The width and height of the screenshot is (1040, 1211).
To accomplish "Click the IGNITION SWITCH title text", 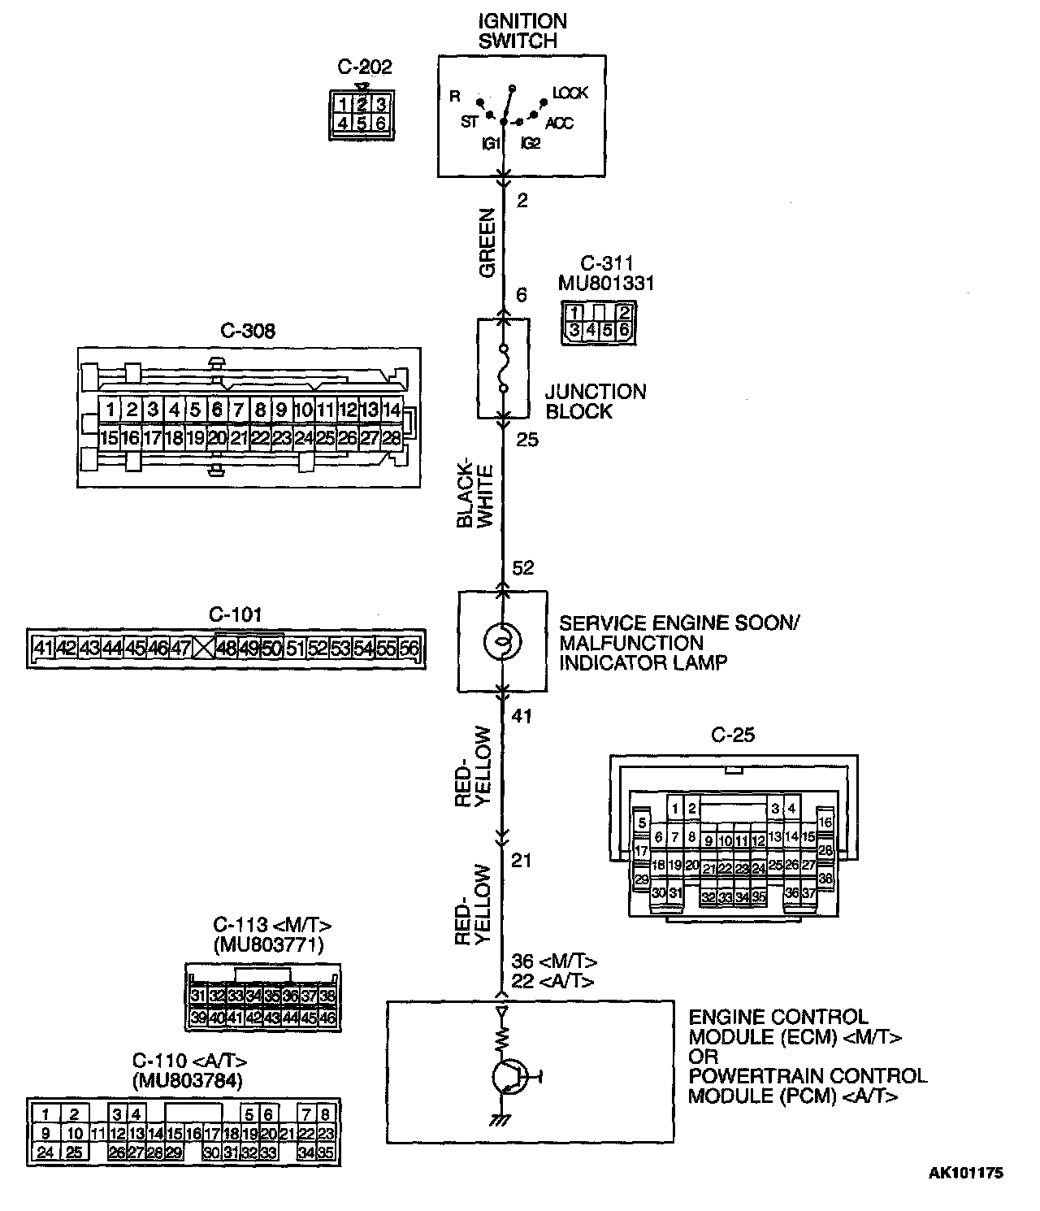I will (x=522, y=31).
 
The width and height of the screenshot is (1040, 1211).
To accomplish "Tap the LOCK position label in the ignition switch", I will (x=570, y=93).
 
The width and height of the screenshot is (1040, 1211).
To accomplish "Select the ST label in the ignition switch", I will (x=470, y=123).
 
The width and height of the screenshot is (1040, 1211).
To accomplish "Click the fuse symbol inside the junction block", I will (x=503, y=370).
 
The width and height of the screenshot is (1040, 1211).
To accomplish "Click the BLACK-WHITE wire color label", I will (x=475, y=496).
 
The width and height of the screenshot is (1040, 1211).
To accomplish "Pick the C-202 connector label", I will (x=364, y=67).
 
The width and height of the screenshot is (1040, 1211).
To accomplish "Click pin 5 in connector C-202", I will (x=362, y=123).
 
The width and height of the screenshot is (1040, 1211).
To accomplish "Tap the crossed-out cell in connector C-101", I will (x=205, y=648).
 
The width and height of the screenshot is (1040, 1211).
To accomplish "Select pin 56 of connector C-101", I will (x=409, y=648).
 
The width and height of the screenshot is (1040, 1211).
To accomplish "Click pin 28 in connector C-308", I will (x=391, y=438).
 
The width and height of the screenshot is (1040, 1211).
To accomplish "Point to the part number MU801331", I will (x=606, y=284).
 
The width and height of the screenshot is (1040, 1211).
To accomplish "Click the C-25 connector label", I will (x=733, y=736).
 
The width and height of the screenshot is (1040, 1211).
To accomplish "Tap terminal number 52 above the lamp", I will (x=523, y=568).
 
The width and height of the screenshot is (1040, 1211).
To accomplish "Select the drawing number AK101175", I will (x=966, y=1173).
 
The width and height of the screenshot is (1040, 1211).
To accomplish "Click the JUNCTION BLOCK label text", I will (x=596, y=401).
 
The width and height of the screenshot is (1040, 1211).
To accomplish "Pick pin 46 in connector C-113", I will (x=328, y=1017).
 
